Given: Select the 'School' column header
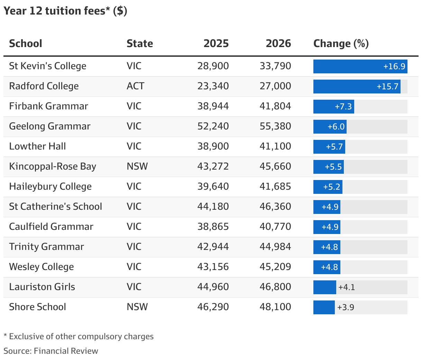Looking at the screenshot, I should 26,44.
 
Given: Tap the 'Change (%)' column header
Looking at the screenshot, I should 341,44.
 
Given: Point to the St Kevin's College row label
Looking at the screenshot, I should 48,66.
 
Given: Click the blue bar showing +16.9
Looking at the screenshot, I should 360,66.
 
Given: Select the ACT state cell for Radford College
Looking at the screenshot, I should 135,86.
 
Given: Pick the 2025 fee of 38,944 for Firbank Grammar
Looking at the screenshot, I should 213,106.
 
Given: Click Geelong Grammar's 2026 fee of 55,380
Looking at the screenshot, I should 275,126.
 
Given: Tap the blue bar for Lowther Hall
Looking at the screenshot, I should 329,147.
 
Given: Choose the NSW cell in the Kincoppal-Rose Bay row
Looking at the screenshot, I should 137,166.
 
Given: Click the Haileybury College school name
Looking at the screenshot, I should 50,187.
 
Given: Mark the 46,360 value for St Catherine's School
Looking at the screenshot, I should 275,207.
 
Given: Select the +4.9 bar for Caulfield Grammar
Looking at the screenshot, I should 327,227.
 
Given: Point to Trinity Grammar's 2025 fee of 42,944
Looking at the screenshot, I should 213,247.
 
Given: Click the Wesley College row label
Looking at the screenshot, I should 42,267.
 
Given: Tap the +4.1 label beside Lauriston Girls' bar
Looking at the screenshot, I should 347,287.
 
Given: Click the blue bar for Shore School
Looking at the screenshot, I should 324,307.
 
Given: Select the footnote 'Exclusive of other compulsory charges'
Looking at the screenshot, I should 81,336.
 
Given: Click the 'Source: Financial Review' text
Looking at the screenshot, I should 51,351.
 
